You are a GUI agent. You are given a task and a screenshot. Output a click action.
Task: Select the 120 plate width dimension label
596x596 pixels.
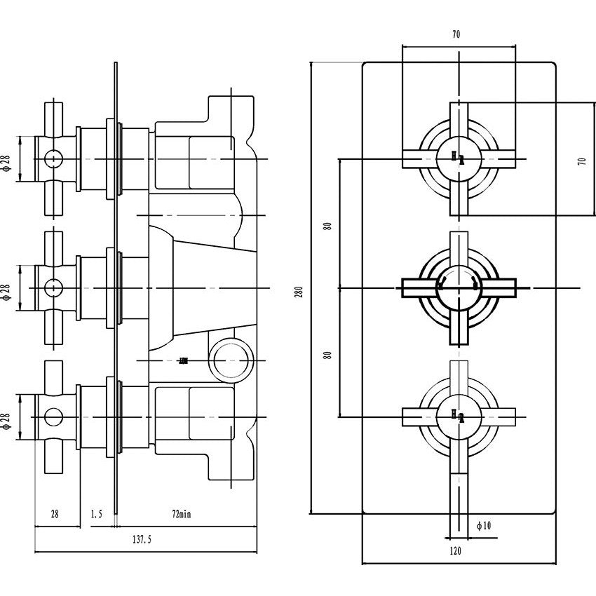[x=455, y=552]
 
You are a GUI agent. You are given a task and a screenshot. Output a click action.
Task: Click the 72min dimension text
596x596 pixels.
[x=180, y=514]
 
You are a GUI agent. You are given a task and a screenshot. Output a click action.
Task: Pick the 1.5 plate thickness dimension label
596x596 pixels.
[x=96, y=514]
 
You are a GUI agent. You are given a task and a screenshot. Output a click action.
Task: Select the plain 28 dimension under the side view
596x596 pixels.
[x=54, y=514]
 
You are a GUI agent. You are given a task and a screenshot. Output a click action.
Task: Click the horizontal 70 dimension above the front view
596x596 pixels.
[x=456, y=34]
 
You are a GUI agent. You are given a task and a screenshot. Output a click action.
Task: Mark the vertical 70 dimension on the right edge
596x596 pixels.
[x=581, y=160]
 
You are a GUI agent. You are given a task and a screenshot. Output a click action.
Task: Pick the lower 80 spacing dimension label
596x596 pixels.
[x=327, y=355]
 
